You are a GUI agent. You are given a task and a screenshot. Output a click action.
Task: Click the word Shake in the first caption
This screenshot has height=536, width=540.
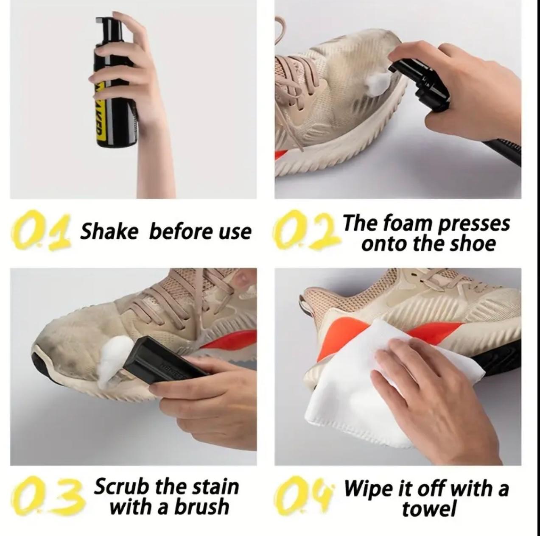click(109, 232)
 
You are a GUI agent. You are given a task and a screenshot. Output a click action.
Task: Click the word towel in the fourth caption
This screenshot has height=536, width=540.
click(429, 508)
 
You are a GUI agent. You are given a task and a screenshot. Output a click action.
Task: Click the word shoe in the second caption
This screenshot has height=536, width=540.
click(474, 243)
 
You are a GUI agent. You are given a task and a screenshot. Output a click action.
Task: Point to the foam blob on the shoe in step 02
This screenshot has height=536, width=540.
click(376, 83)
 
